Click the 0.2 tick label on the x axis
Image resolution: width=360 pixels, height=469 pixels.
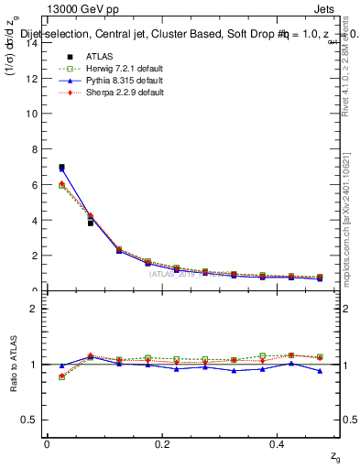[163, 443]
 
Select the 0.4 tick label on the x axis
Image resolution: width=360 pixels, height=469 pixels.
[278, 443]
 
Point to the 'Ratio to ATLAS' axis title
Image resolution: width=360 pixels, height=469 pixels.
[12, 364]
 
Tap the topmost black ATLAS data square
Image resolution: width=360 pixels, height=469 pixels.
[61, 168]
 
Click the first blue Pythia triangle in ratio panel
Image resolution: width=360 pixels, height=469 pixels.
[61, 365]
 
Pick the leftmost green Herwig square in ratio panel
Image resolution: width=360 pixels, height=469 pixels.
[61, 376]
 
